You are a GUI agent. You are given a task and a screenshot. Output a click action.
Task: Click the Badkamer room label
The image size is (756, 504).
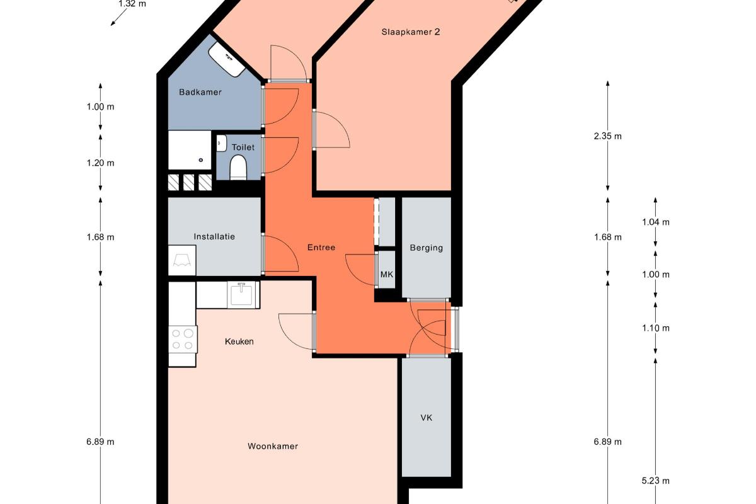(200, 92)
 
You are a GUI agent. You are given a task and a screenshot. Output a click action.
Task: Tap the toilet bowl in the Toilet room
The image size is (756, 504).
(238, 168)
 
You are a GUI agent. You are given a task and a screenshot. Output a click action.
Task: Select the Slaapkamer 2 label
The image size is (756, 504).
(410, 32)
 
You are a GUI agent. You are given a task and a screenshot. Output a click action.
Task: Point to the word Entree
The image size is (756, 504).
(321, 248)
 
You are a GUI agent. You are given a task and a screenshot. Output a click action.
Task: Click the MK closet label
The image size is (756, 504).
(386, 275)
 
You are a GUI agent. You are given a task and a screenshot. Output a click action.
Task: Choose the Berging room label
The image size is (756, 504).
(427, 248)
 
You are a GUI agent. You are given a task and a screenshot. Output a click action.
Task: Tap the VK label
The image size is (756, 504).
(427, 418)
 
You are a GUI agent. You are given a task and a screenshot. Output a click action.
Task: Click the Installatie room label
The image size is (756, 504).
(214, 237)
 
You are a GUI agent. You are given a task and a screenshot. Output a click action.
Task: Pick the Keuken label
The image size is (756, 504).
(239, 341)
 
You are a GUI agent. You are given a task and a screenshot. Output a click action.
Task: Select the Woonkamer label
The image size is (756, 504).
(273, 446)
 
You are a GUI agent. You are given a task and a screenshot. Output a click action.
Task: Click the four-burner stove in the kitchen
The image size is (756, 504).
(183, 340)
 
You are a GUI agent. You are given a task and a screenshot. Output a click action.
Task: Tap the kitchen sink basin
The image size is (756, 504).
(242, 294)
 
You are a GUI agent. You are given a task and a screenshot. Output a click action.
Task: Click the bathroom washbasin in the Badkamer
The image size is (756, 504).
(226, 60)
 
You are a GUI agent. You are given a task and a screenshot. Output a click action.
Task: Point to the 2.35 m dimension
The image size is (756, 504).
(607, 136)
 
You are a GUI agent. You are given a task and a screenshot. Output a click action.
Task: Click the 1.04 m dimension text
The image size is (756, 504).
(655, 222)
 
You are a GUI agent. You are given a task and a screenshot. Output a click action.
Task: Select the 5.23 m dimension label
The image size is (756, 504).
(655, 481)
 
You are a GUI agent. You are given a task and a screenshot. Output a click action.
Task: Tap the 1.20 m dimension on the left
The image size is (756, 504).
(100, 163)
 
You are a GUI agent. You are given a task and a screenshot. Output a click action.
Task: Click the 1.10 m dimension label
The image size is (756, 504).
(655, 328)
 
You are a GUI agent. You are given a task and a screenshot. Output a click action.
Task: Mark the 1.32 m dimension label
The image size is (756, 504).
(132, 4)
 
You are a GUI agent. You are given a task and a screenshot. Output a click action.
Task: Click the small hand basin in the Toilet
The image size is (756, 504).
(221, 143)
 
